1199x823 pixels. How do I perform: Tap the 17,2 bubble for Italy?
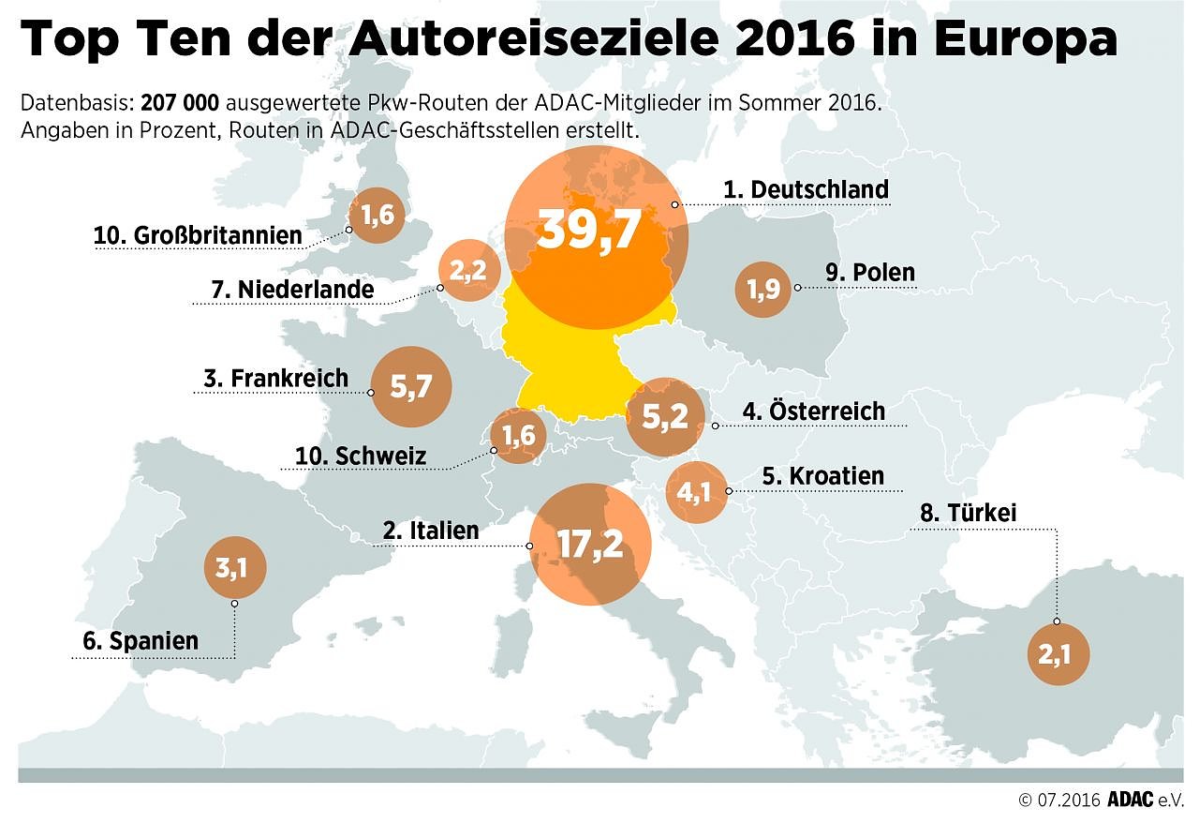(589, 545)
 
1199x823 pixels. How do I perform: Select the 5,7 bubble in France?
(411, 386)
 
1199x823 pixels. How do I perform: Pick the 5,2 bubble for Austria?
(666, 416)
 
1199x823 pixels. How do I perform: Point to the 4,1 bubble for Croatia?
(695, 491)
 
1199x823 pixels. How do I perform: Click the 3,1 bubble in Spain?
(234, 567)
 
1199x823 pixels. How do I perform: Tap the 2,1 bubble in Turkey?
(1058, 653)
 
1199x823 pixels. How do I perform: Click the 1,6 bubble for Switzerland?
(519, 436)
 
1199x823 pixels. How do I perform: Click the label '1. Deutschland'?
(806, 189)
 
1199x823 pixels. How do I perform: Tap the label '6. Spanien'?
(141, 641)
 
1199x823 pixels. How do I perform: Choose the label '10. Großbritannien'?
(198, 234)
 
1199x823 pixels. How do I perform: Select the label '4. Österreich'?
(813, 411)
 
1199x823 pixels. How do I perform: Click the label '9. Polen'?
(870, 273)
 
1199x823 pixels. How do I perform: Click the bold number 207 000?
(180, 102)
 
